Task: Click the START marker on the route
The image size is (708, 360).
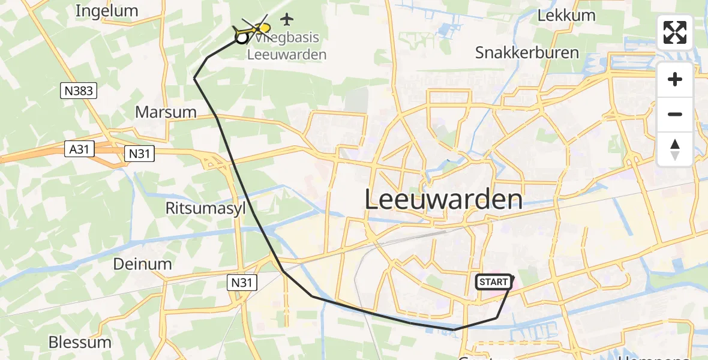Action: (x=494, y=282)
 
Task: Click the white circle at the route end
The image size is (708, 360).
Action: (x=241, y=38)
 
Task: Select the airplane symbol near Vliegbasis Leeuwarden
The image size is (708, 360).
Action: (x=287, y=19)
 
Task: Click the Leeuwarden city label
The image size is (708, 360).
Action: (x=443, y=200)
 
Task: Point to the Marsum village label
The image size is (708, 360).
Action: (x=166, y=112)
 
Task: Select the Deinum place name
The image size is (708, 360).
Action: (x=143, y=264)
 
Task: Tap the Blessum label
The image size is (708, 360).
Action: (x=80, y=343)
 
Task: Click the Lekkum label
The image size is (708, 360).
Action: (x=566, y=16)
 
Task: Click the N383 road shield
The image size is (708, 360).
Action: (x=79, y=91)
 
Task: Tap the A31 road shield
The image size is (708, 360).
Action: (x=80, y=149)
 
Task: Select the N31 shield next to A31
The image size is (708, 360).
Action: (x=139, y=154)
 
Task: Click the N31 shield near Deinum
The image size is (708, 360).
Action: (x=244, y=280)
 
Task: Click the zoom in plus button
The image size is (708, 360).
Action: (x=675, y=79)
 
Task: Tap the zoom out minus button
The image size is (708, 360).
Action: (x=675, y=114)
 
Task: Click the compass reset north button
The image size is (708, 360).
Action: (x=675, y=149)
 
